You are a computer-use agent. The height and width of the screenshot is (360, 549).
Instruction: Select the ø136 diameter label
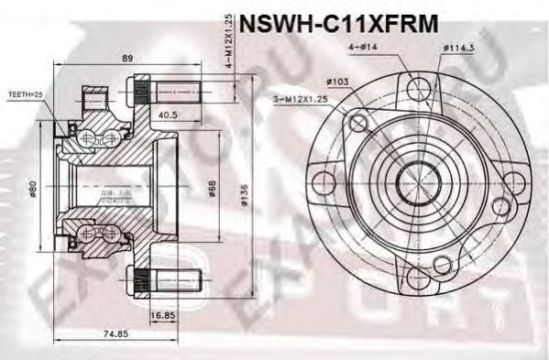[x=243, y=190]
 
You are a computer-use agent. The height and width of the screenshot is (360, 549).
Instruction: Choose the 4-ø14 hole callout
[x=360, y=47]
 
